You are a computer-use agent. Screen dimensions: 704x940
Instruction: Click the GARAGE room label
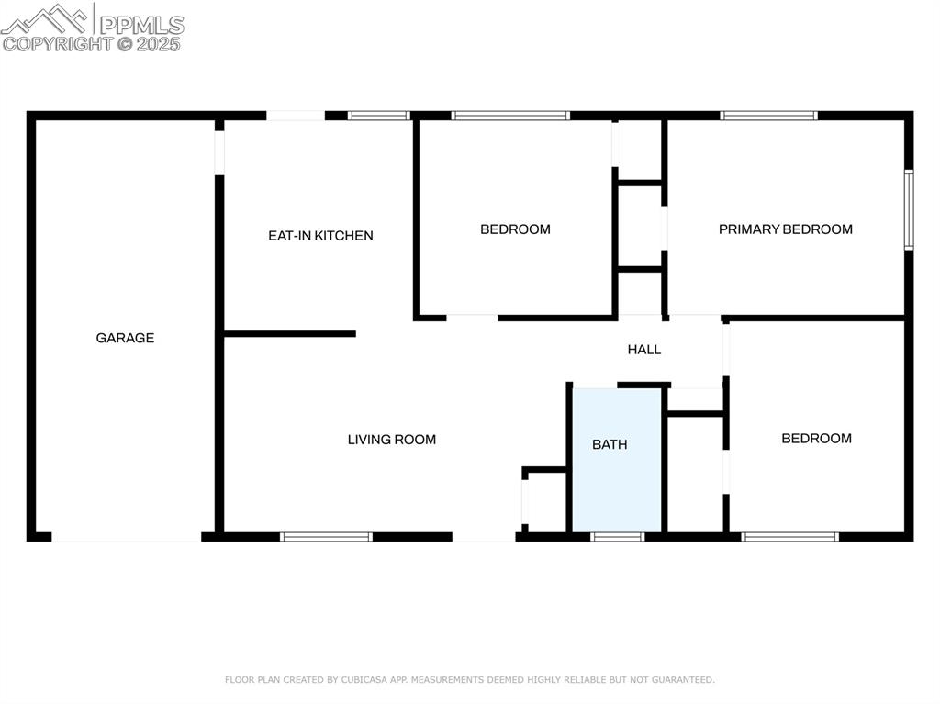[125, 338]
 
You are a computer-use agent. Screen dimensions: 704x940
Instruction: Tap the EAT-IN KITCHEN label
[320, 236]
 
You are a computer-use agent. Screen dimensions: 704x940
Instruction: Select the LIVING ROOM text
[391, 440]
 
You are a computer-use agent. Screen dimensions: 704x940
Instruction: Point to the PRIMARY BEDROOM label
[785, 229]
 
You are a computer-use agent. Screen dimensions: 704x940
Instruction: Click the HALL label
[643, 350]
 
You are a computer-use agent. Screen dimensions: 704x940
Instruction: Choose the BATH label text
[610, 444]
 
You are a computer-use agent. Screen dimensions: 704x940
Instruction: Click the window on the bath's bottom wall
[617, 536]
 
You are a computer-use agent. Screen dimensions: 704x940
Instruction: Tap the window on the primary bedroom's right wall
[908, 209]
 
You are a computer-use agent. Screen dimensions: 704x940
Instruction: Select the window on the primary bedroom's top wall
[768, 116]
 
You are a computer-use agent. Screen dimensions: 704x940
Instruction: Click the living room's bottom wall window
[326, 536]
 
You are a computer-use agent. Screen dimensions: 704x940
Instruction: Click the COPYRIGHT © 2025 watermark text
[92, 43]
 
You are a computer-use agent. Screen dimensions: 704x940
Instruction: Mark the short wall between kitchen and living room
[290, 334]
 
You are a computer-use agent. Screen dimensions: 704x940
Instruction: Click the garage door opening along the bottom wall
[127, 537]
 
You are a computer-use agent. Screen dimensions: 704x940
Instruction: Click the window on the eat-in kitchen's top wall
[378, 116]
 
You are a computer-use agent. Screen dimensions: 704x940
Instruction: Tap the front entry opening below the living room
[484, 537]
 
